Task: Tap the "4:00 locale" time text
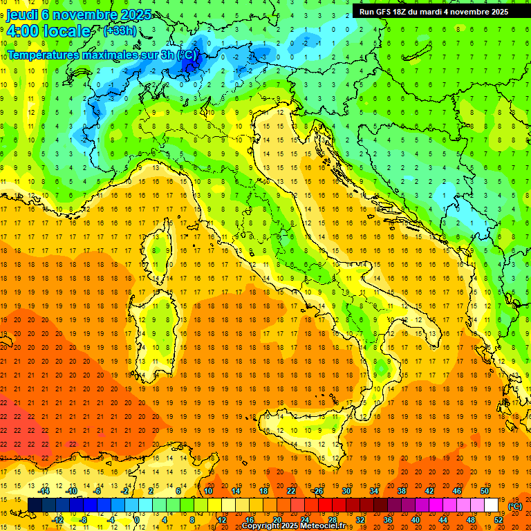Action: (48, 32)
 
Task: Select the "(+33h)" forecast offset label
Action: (120, 31)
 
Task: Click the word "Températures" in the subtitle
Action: (48, 54)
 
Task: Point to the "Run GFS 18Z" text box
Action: (434, 12)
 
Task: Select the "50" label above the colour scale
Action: (485, 490)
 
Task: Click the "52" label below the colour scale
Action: (499, 519)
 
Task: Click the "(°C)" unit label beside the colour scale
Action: (515, 505)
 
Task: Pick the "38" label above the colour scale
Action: (402, 490)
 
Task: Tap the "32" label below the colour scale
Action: (360, 519)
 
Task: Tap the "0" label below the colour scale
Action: (137, 519)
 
